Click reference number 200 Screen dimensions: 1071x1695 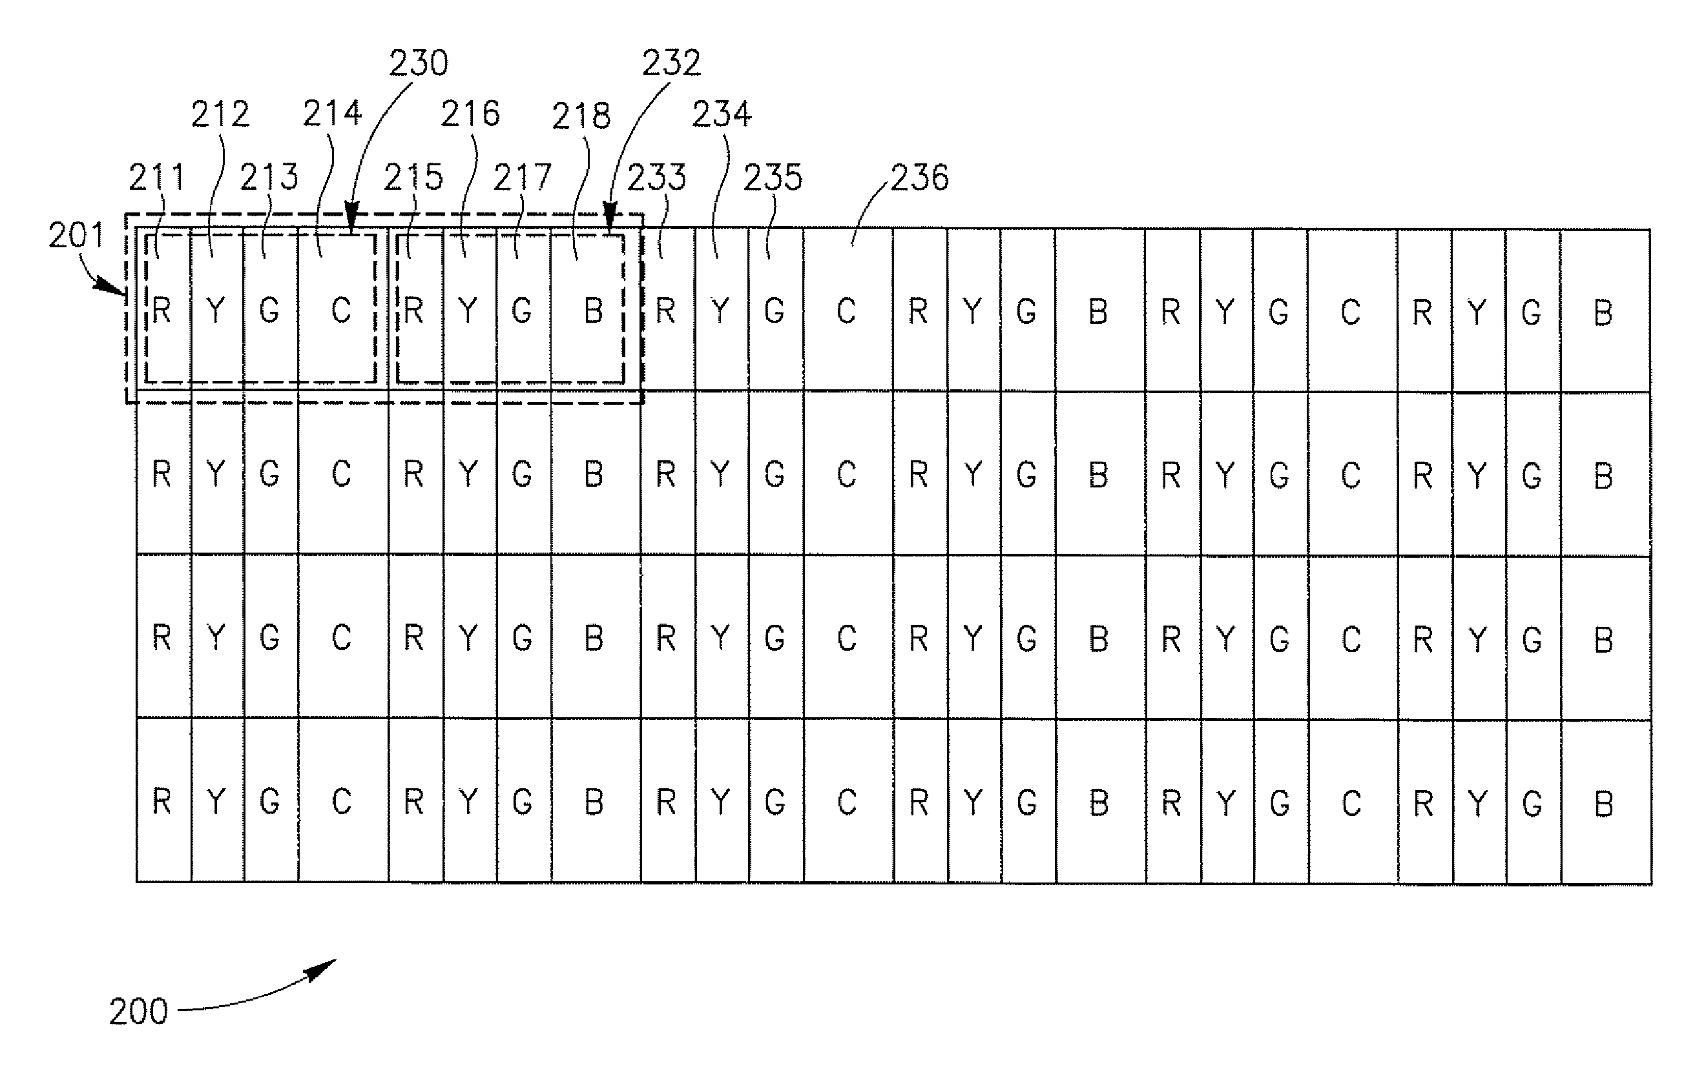139,1012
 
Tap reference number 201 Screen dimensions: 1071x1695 76,235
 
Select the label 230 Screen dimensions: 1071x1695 419,63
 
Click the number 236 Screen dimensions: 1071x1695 920,178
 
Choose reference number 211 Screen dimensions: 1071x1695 156,178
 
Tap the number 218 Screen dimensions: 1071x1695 581,116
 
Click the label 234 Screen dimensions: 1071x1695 722,115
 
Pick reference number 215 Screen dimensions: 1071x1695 413,178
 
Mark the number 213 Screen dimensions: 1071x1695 269,178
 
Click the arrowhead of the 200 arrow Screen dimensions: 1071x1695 325,967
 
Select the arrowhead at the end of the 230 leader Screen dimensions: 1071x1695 352,213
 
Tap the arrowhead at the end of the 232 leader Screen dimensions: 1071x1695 610,213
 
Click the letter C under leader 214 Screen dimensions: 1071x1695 342,311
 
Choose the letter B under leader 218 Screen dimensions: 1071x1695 594,311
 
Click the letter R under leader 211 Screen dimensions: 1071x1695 161,311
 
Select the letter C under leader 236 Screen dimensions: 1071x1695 846,311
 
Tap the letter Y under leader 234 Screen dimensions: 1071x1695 720,311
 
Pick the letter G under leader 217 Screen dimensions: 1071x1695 521,311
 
